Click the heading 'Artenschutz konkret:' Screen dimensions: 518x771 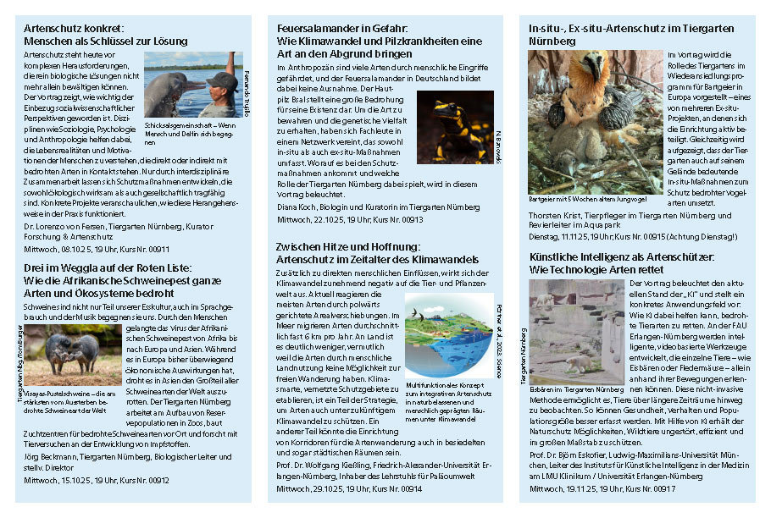(75, 28)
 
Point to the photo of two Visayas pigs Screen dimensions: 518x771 (60, 352)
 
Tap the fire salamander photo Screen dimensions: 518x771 (454, 127)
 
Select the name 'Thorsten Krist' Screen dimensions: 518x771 (552, 216)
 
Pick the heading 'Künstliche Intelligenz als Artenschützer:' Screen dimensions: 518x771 (622, 256)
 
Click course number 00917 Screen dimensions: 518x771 (659, 488)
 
